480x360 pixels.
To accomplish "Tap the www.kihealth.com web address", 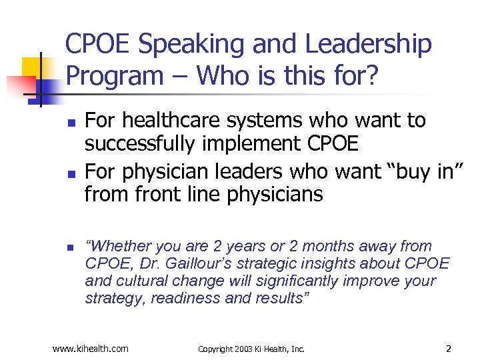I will pyautogui.click(x=90, y=348).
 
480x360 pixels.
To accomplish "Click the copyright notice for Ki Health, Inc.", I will pyautogui.click(x=251, y=349).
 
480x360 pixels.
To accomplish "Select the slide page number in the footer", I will pyautogui.click(x=449, y=348).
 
